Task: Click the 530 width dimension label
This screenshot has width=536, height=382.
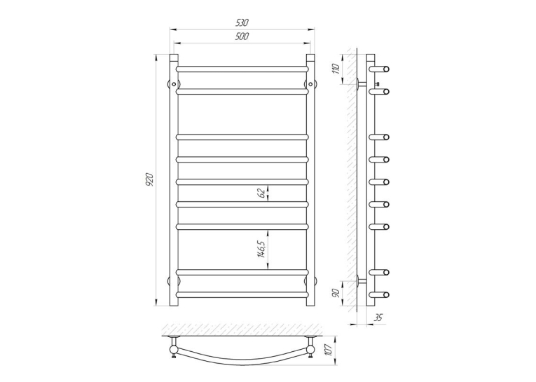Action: (x=242, y=22)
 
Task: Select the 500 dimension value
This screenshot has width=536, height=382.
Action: (x=242, y=36)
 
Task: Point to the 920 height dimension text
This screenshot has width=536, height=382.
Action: (x=149, y=180)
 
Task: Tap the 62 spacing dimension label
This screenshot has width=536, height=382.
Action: (x=262, y=193)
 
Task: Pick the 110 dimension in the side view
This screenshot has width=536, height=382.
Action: (x=336, y=69)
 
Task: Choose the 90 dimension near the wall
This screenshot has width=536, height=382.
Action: (x=336, y=293)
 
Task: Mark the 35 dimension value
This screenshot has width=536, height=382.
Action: (x=378, y=318)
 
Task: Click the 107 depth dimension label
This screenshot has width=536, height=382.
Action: (x=329, y=350)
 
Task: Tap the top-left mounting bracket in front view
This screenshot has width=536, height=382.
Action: (x=174, y=84)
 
